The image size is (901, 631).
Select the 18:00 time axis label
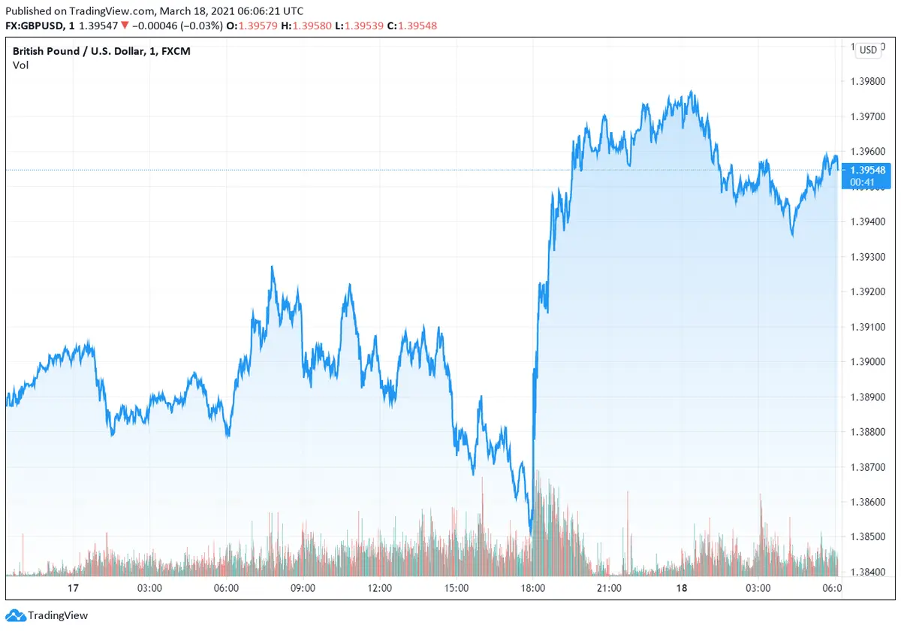(x=532, y=587)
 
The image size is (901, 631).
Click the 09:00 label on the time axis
(x=303, y=587)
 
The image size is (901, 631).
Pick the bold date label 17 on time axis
(x=73, y=587)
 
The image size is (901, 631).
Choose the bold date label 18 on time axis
(x=681, y=587)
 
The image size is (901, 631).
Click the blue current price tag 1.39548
(x=868, y=170)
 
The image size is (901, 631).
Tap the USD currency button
(x=868, y=50)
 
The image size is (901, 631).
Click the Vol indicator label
(x=20, y=65)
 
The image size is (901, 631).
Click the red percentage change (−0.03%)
(x=201, y=26)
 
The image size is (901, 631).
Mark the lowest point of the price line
(x=530, y=534)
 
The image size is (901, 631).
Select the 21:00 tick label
(x=609, y=587)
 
